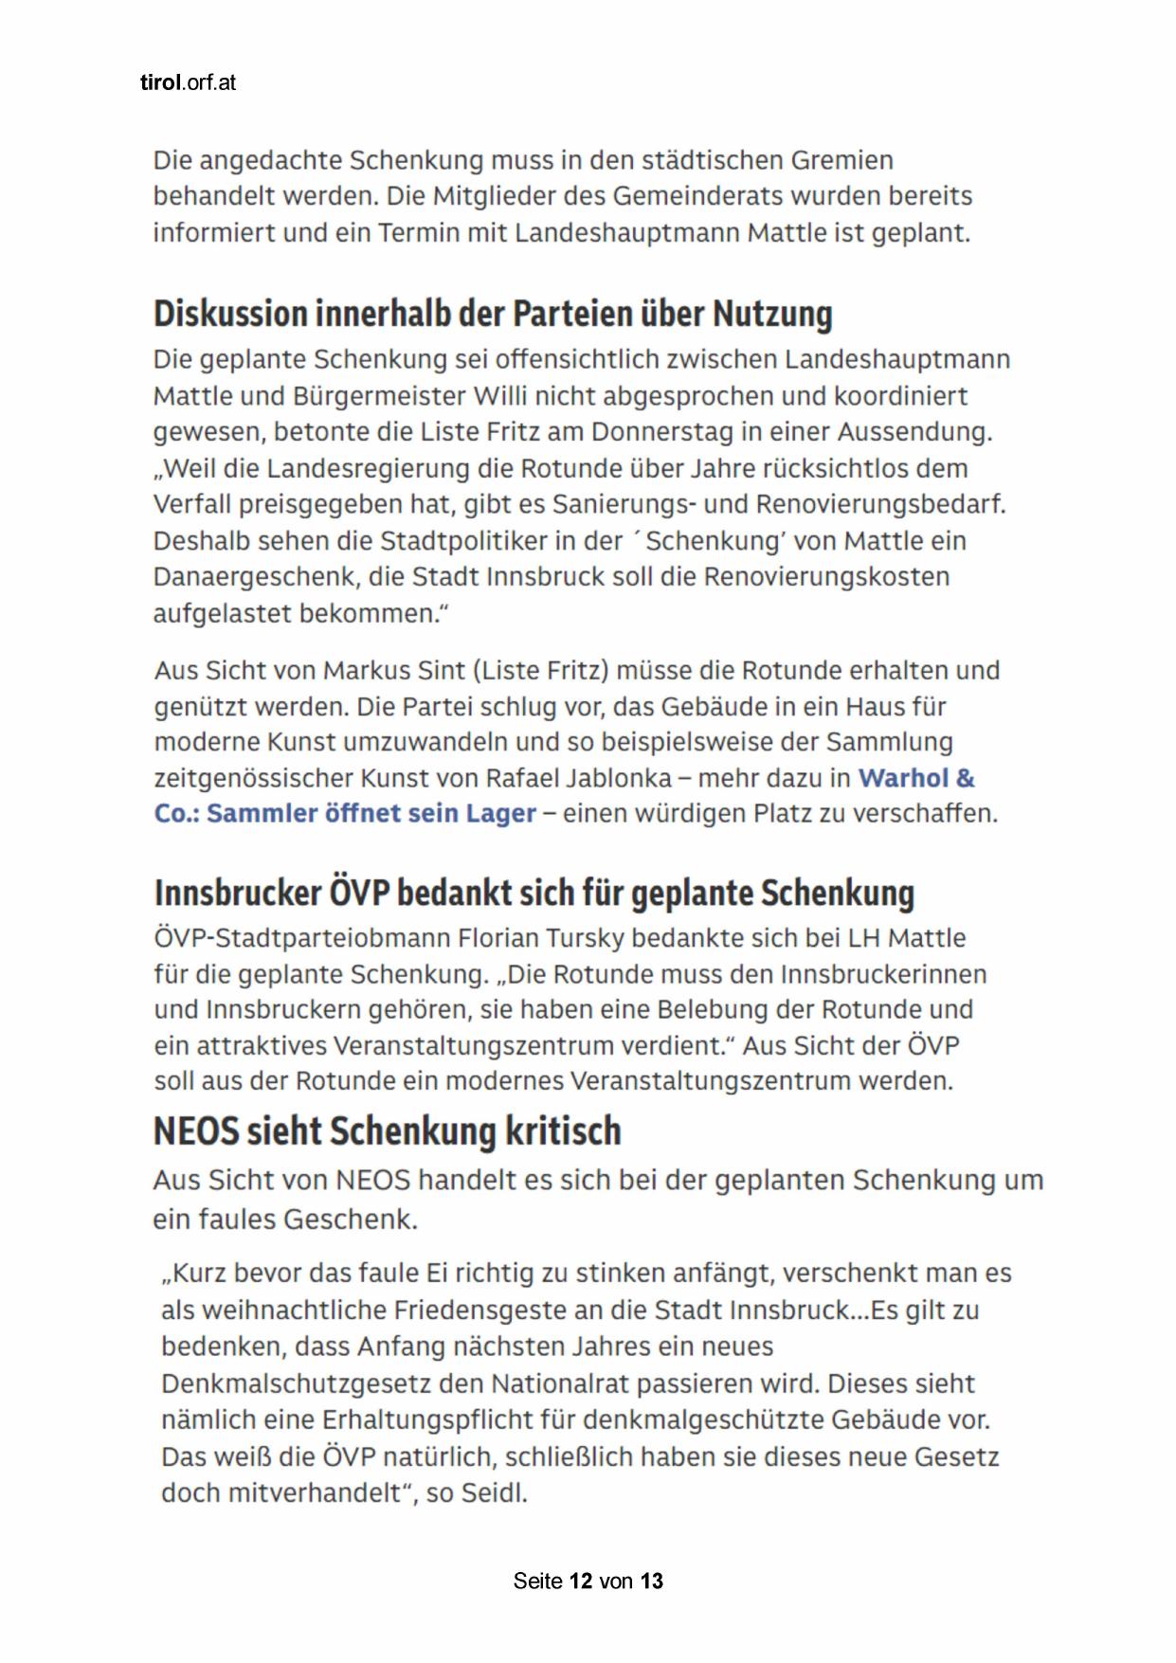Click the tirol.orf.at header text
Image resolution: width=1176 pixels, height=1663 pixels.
click(x=188, y=82)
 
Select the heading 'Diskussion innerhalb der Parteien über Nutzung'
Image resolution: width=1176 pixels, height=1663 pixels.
click(x=493, y=314)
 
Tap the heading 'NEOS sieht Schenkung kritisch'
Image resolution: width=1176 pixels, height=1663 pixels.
click(x=387, y=1130)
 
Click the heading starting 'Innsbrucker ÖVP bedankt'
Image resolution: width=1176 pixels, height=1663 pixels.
click(x=534, y=893)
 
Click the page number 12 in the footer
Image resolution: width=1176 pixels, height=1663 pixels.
click(x=581, y=1581)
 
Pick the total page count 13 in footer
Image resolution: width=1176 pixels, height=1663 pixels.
click(x=652, y=1581)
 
